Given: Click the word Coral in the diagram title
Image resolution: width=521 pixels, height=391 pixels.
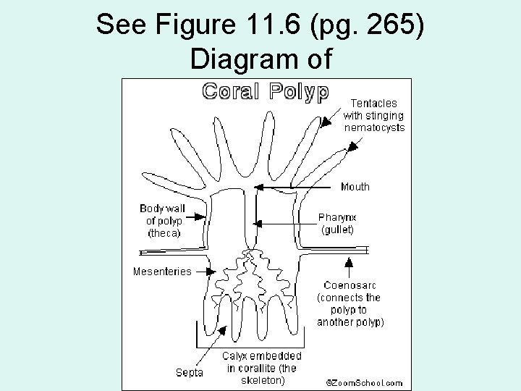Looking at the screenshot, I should pos(230,91).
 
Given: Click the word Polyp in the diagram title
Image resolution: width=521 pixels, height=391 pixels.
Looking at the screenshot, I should pos(299,91).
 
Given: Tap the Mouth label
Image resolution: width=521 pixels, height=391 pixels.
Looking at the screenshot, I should pos(355,187).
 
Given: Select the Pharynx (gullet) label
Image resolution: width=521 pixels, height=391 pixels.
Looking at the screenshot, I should pos(336,223).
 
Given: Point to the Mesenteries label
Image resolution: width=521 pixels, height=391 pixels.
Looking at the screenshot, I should pos(162,272).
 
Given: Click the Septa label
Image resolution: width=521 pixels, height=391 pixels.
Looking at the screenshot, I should pos(190,373).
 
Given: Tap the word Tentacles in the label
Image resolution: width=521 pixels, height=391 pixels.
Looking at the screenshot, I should pos(373,104).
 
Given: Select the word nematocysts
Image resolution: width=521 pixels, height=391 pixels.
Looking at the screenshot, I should pos(374,127).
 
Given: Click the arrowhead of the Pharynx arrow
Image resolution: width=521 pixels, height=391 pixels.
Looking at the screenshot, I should pos(259,223).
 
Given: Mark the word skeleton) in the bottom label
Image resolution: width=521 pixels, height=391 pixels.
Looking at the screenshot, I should pos(263,379).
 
